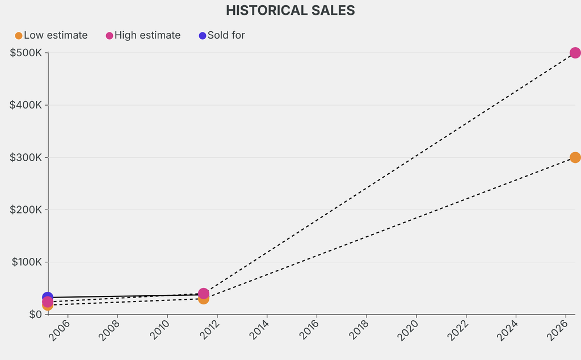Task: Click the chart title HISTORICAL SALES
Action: (290, 10)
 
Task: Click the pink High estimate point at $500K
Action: (575, 53)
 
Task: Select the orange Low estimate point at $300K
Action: (575, 157)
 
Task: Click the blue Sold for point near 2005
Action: (48, 297)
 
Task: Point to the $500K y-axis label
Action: (26, 53)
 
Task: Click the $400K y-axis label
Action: (26, 105)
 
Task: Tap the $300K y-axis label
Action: (26, 157)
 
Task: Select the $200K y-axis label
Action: (26, 210)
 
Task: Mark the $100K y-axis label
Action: (26, 262)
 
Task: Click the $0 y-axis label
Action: (35, 314)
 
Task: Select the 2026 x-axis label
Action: (556, 330)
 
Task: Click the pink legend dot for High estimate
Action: (110, 36)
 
